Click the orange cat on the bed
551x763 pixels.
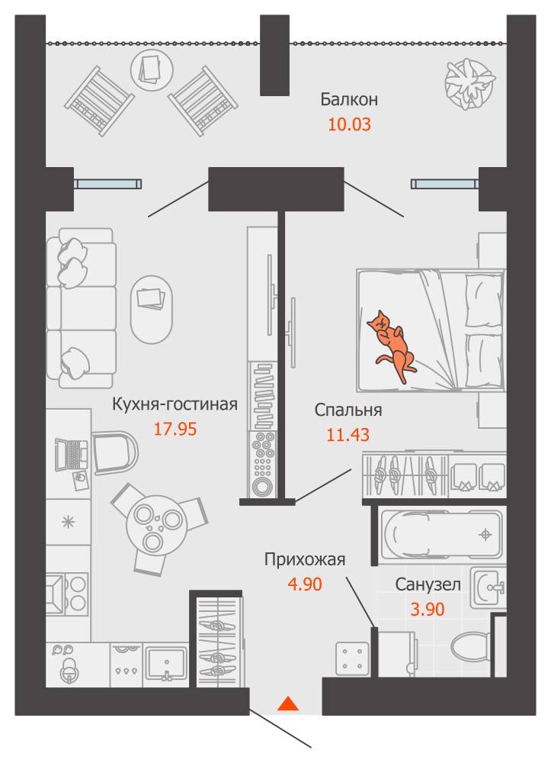coord(392,343)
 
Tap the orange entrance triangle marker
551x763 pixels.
coord(287,703)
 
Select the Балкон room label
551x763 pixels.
coord(349,99)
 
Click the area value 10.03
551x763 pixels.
coord(349,124)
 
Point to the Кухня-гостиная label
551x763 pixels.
coord(175,404)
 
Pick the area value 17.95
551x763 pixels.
coord(175,429)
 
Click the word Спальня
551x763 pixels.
coord(348,410)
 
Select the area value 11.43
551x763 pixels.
coord(348,435)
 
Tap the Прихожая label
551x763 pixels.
coord(305,559)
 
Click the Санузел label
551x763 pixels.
coord(428,584)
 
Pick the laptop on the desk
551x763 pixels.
coord(70,456)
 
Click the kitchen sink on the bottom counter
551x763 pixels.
coord(165,662)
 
